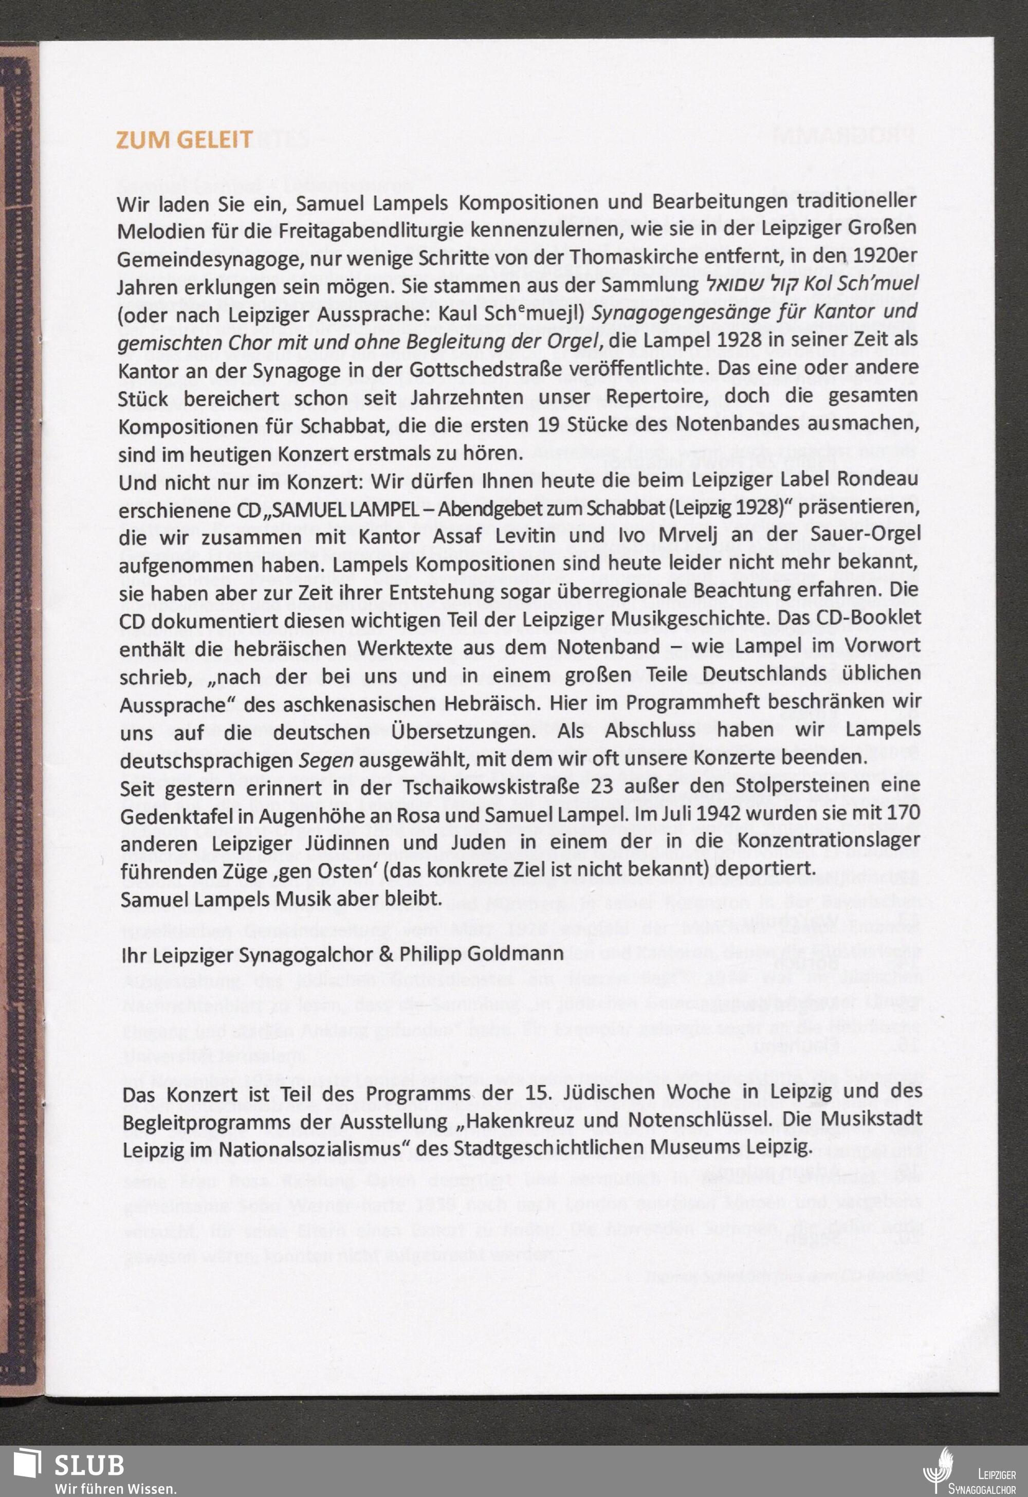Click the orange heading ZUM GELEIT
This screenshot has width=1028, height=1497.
(x=184, y=140)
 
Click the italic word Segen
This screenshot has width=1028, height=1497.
(x=326, y=760)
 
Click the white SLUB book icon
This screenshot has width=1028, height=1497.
(x=28, y=1464)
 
